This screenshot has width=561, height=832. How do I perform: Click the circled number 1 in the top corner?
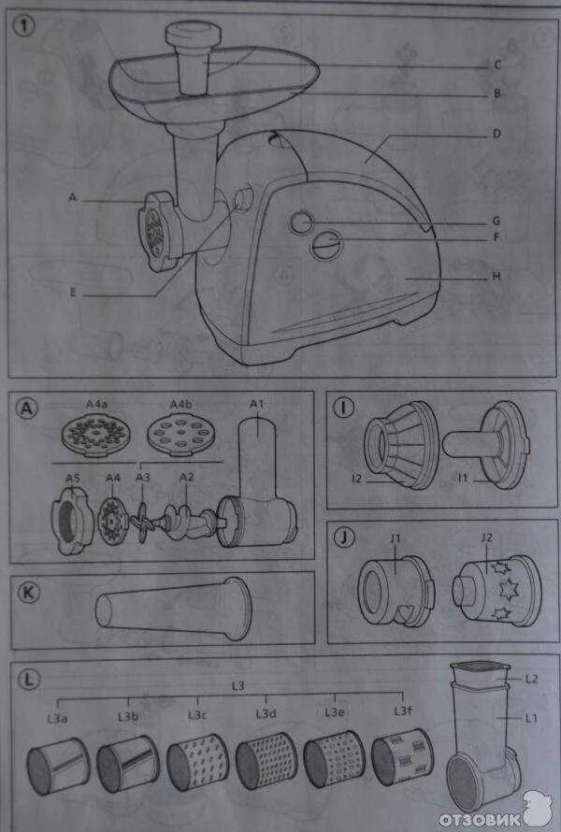tap(24, 27)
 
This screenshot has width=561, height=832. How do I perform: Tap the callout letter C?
tap(498, 65)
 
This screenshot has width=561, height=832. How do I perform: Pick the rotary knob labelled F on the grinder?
tap(326, 247)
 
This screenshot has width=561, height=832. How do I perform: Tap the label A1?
tap(257, 403)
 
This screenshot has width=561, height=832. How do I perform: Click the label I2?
tap(355, 479)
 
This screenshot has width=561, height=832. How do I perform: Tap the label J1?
tap(396, 538)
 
